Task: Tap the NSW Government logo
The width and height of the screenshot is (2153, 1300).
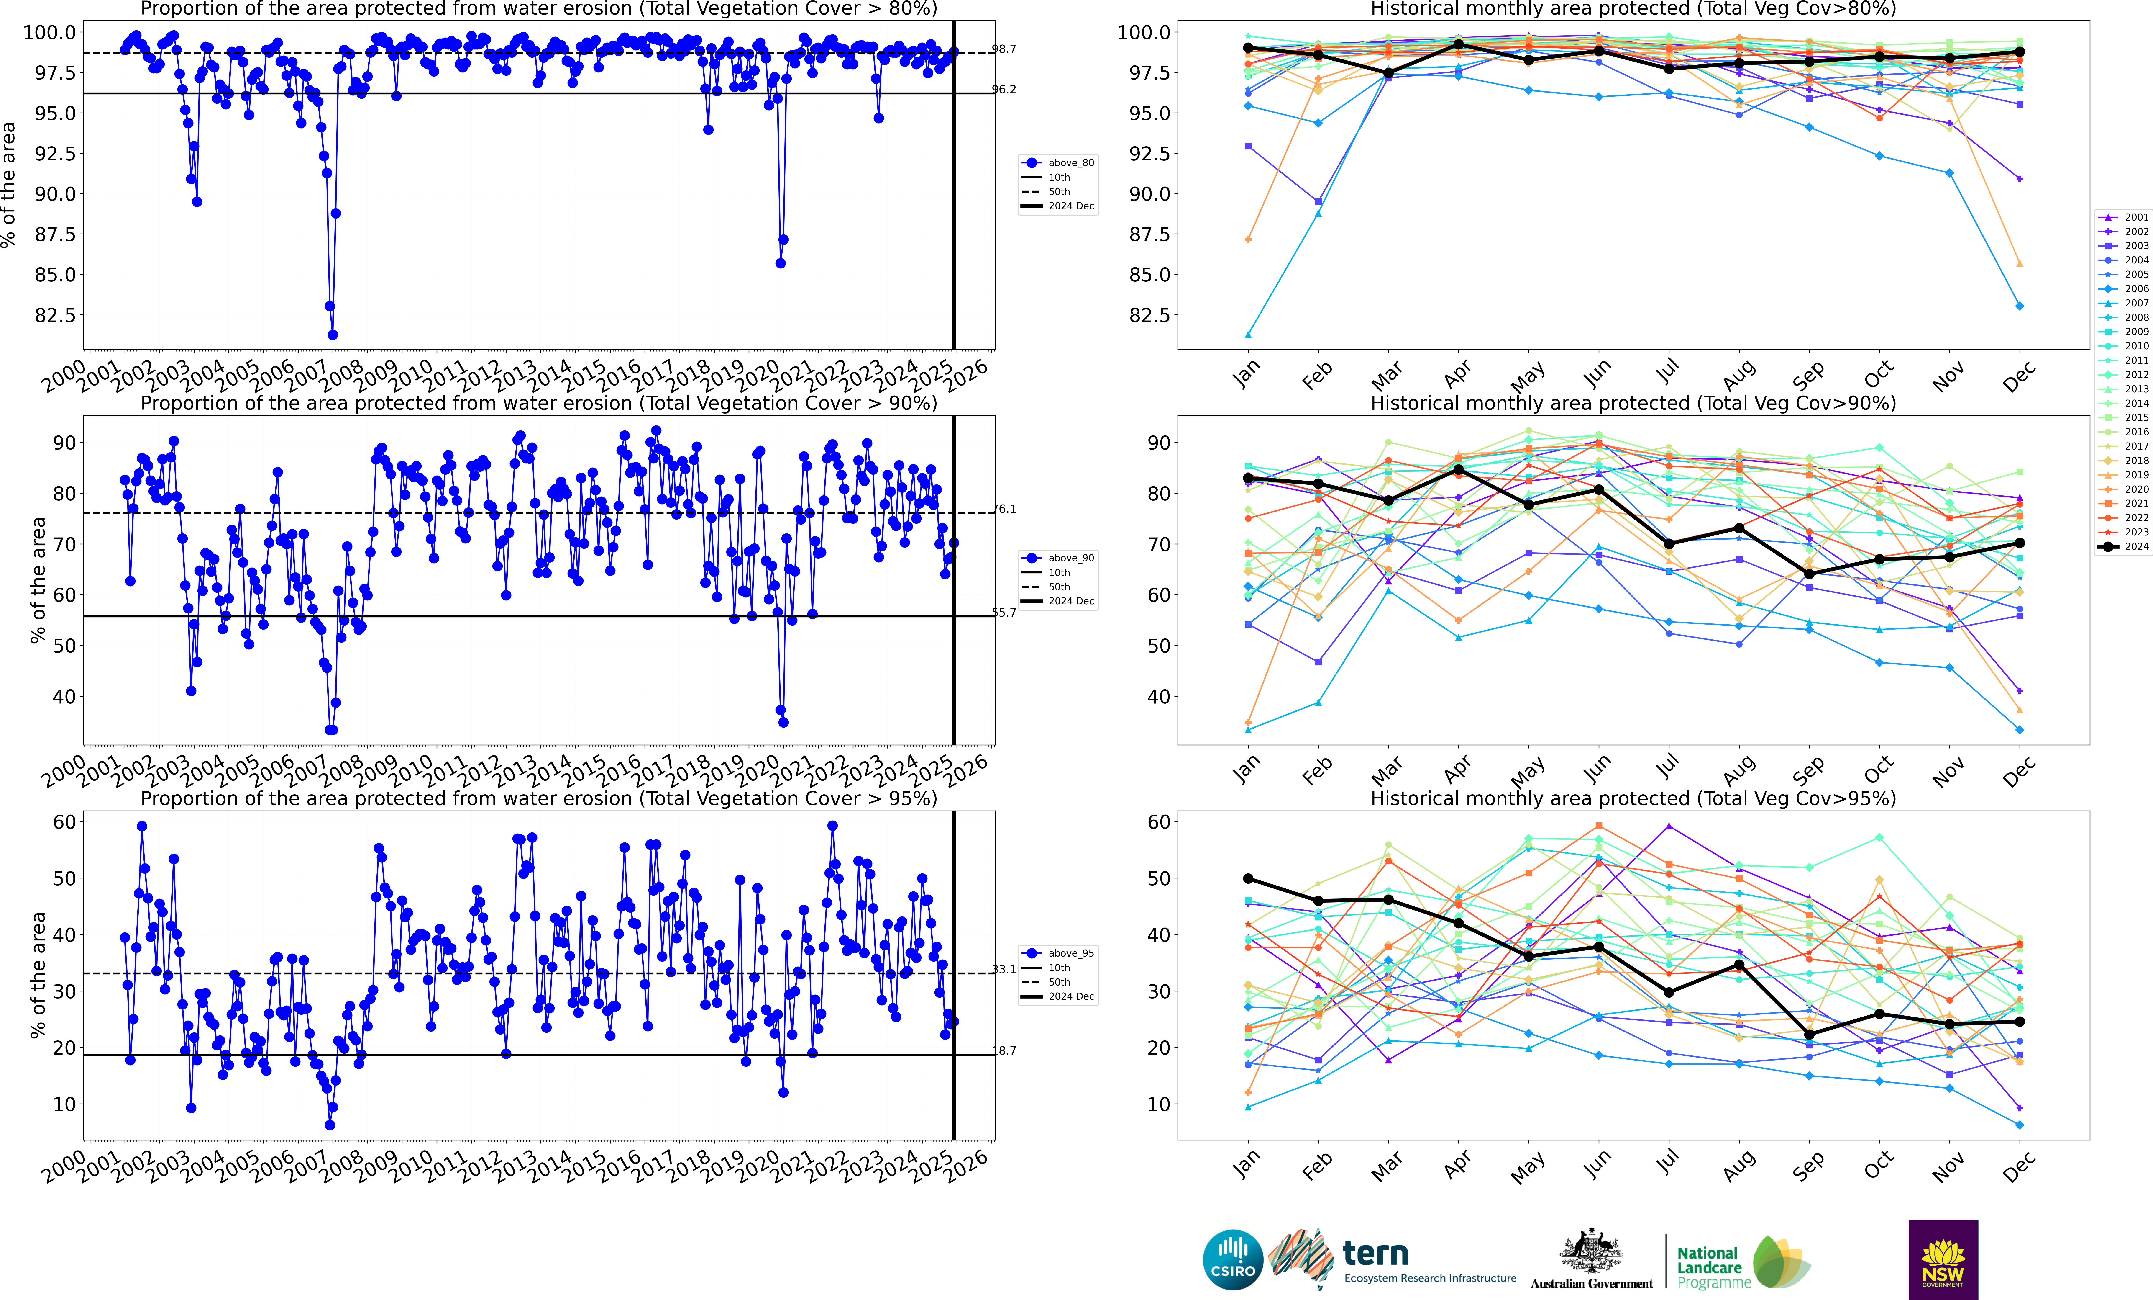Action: click(x=1942, y=1260)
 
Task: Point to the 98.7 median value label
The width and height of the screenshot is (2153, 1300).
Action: click(x=1004, y=49)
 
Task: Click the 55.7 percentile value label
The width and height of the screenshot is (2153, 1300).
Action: click(x=1004, y=613)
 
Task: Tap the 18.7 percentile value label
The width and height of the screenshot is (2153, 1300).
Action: click(x=1004, y=1051)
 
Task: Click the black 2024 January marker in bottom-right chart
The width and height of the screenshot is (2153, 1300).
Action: click(x=1248, y=879)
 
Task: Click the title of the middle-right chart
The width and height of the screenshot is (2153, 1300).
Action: click(x=1633, y=403)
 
